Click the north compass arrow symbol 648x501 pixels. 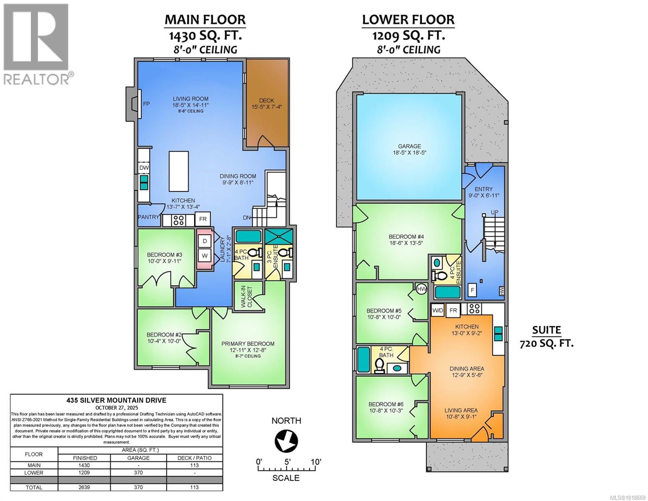pos(286,441)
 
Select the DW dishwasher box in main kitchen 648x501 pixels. pos(144,167)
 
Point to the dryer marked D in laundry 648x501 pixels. pos(205,241)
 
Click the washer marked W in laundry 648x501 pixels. pos(205,255)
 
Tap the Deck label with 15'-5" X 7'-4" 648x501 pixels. pos(267,103)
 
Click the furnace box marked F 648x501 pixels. pos(472,290)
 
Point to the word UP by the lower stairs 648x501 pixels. pos(494,213)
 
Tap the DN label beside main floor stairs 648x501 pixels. pos(247,218)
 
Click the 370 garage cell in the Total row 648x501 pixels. pos(138,487)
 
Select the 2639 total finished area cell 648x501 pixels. pos(84,487)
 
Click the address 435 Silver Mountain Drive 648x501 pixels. pos(116,400)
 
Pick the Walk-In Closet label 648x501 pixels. pos(247,296)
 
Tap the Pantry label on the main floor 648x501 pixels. pos(149,217)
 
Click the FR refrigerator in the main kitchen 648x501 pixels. pos(203,219)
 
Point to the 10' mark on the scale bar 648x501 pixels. pos(315,462)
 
